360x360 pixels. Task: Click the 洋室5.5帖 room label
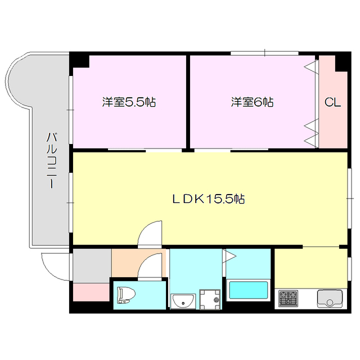point(129,102)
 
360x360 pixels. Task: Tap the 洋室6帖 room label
point(252,102)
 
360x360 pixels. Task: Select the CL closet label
point(333,102)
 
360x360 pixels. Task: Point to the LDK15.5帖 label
point(208,199)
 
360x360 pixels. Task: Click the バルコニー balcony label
point(51,160)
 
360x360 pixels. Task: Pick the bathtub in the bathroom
point(248,291)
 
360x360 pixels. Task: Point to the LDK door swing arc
point(151,232)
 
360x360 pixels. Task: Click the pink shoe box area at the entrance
point(91,292)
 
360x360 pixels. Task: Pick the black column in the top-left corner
point(78,59)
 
